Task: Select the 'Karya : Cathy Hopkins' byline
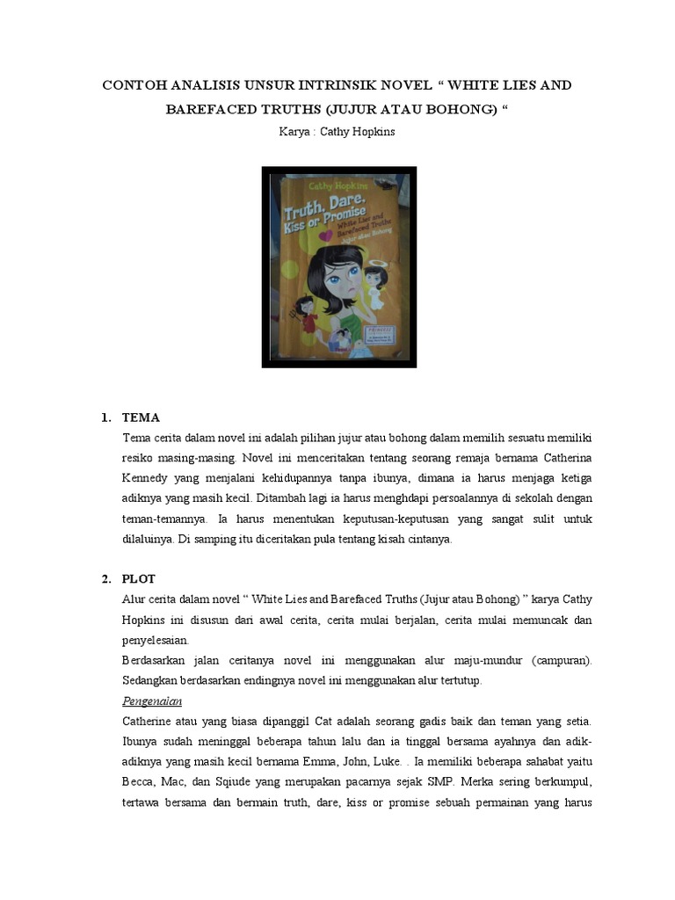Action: pos(337,133)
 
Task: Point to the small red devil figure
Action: pos(306,310)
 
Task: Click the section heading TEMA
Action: pos(141,417)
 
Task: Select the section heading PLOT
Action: pos(140,578)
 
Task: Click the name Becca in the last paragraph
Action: pos(140,782)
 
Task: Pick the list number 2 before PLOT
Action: pos(105,578)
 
